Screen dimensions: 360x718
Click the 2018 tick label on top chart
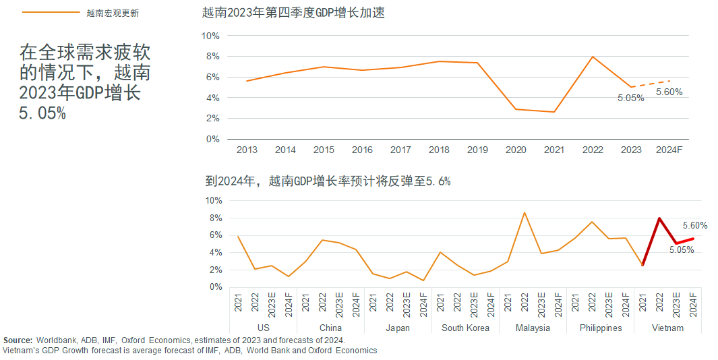point(439,150)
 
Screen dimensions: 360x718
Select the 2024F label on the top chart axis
point(669,150)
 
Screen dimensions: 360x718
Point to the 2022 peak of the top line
point(593,57)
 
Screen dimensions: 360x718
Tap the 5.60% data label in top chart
point(669,92)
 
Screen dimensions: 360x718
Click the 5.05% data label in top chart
point(630,98)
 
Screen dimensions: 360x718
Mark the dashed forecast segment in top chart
point(651,84)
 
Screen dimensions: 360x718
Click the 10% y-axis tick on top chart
point(211,35)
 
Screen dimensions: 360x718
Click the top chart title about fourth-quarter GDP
point(293,13)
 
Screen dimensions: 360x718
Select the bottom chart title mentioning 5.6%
point(328,181)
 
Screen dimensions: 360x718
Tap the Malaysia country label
point(533,328)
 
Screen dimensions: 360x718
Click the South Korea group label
point(465,328)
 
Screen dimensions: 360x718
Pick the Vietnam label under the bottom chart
point(667,328)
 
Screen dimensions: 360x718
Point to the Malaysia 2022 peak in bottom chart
point(525,212)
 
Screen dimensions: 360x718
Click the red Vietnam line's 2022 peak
point(659,218)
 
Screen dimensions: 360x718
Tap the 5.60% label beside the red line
point(695,226)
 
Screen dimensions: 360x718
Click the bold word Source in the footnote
point(18,340)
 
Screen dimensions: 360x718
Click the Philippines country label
point(600,328)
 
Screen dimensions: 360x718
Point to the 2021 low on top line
point(554,112)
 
